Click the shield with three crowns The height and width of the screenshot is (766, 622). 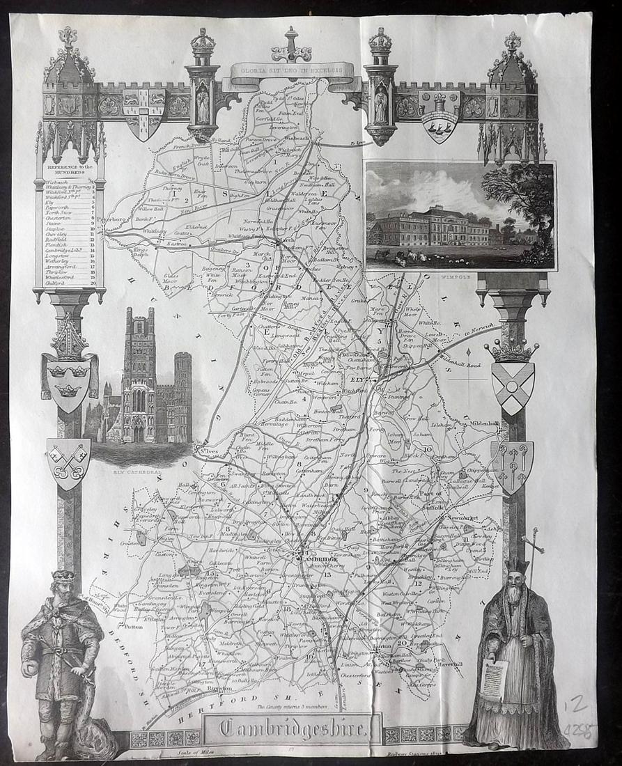68,381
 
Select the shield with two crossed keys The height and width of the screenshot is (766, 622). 68,462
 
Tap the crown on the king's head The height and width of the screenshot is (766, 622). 64,577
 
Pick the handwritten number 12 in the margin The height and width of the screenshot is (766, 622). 572,708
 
